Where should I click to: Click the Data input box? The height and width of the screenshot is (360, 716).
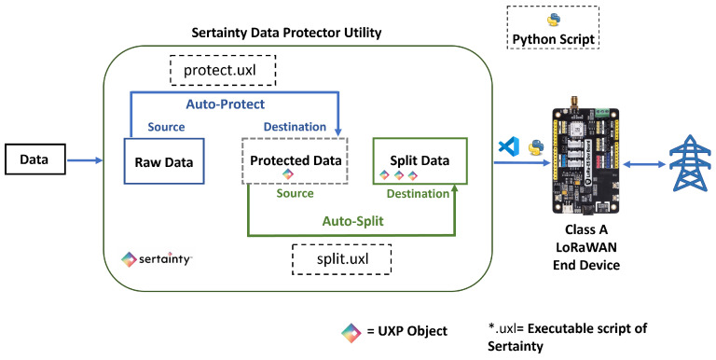35,159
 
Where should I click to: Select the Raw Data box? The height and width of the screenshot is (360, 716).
164,161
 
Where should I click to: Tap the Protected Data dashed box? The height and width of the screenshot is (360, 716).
295,160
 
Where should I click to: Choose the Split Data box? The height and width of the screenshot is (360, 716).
420,160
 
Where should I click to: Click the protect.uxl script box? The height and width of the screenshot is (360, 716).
223,70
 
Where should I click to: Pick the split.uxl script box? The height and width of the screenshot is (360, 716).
341,259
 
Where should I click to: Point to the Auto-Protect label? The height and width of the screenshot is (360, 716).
225,104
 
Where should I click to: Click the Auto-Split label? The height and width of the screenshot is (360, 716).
353,222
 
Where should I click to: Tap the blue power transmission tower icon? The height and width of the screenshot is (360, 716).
690,163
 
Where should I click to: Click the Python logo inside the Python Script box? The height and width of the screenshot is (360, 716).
554,20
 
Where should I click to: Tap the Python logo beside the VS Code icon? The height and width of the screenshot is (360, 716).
536,147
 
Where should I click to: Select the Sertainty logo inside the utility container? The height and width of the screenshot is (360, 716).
157,259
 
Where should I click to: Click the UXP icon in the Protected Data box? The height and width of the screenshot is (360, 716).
287,173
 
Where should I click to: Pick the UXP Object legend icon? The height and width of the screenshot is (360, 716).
351,333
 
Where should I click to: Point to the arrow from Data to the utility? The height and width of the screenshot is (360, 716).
85,160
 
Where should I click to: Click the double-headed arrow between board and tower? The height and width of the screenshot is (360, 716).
644,164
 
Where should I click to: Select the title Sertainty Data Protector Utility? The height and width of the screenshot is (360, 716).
286,33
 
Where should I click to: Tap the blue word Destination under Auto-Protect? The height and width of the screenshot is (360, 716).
295,127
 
